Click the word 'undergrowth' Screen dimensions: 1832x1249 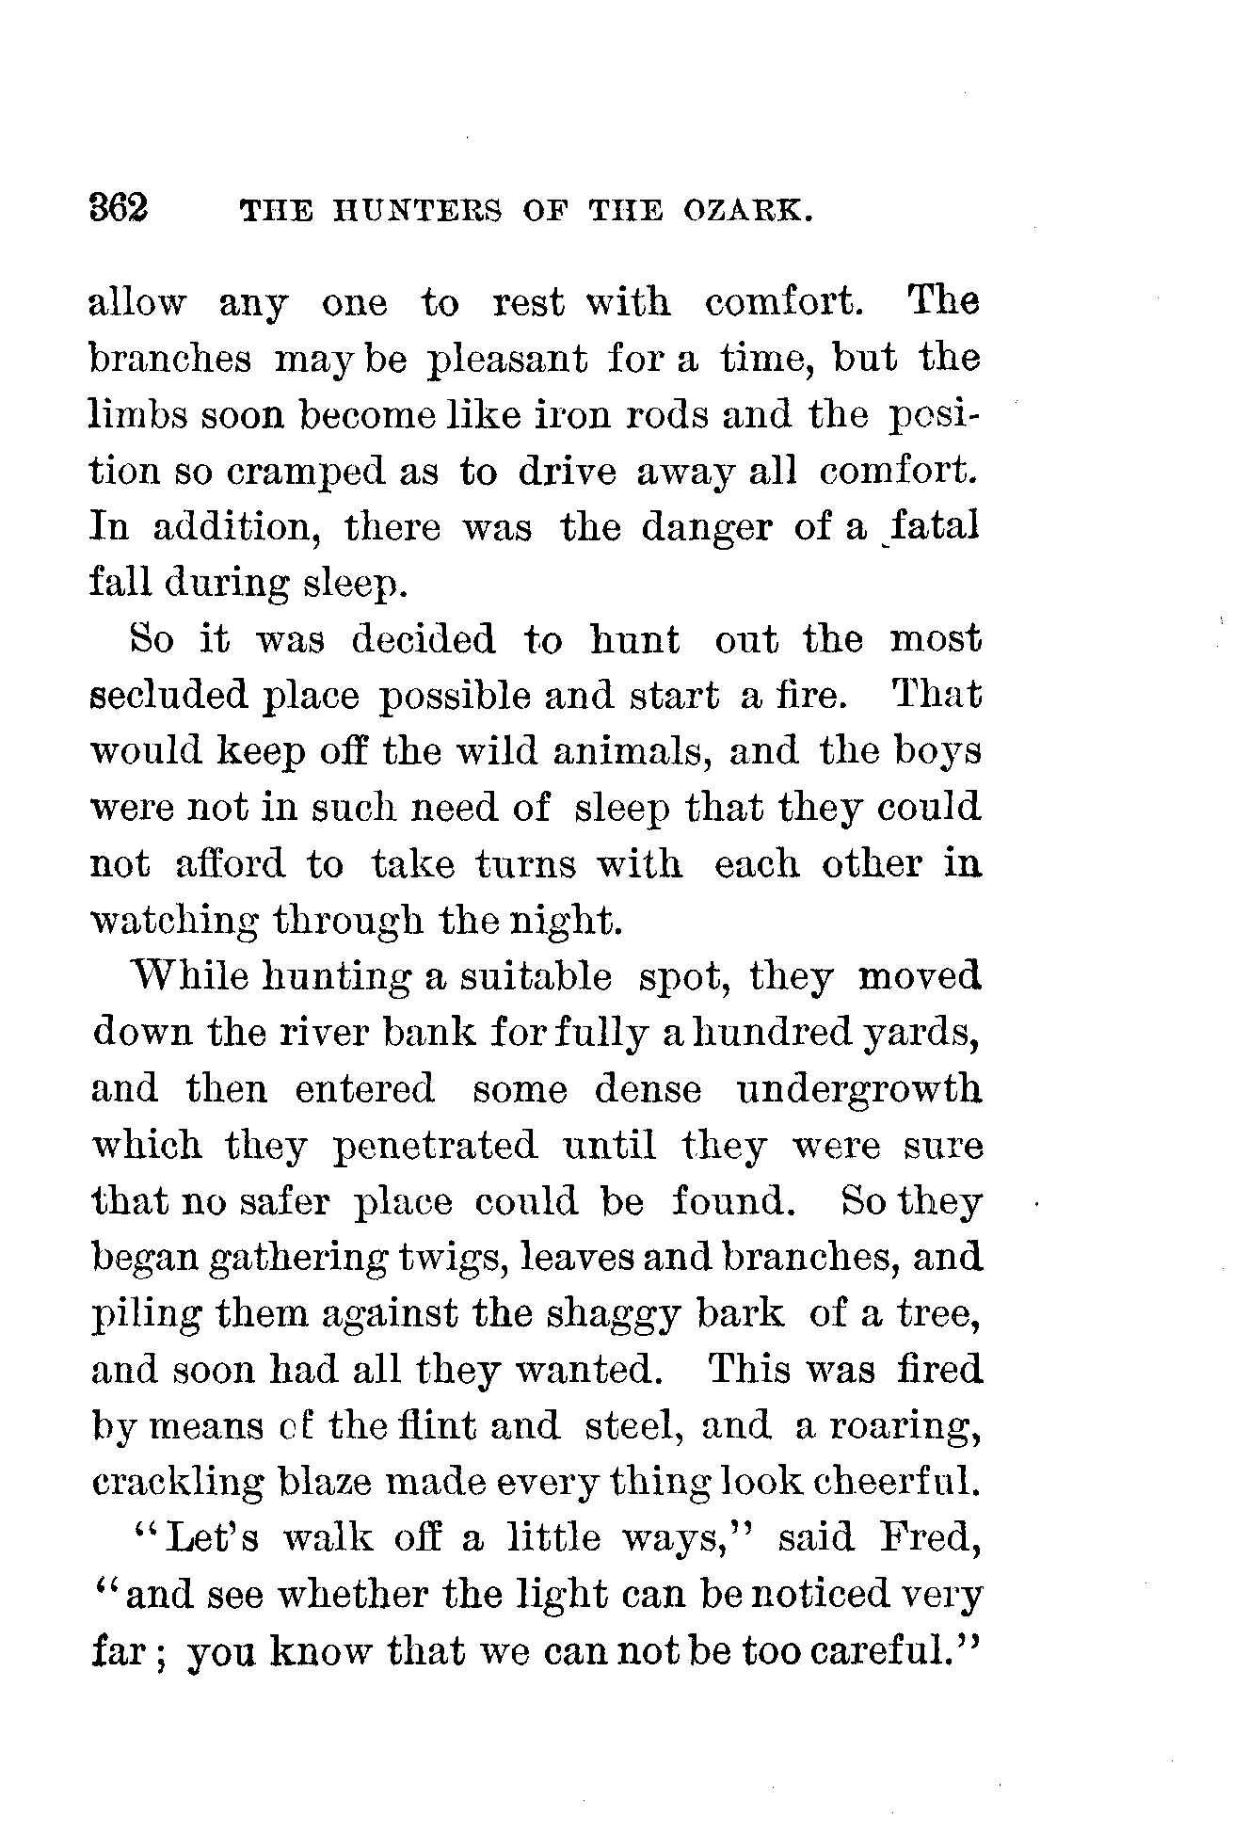click(x=857, y=1089)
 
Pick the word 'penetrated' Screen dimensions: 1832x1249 click(x=435, y=1147)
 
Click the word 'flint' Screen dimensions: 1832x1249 click(x=436, y=1425)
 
